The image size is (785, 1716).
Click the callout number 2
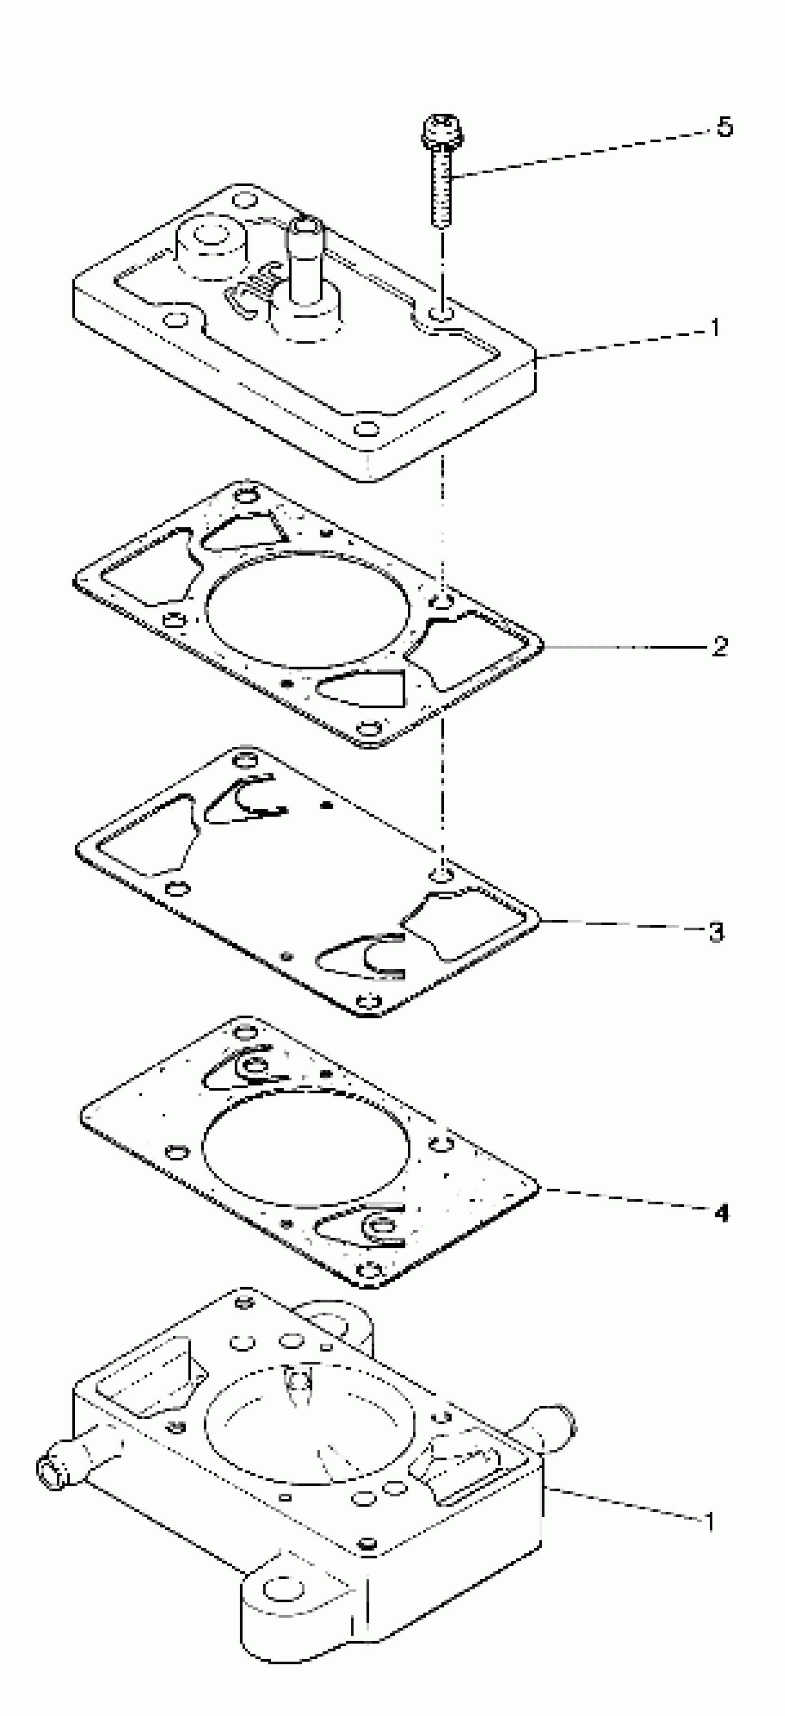(719, 646)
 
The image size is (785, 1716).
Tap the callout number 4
(721, 1213)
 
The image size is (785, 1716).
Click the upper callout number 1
(714, 328)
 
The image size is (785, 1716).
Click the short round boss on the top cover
(210, 246)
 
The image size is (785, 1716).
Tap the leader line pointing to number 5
(579, 152)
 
